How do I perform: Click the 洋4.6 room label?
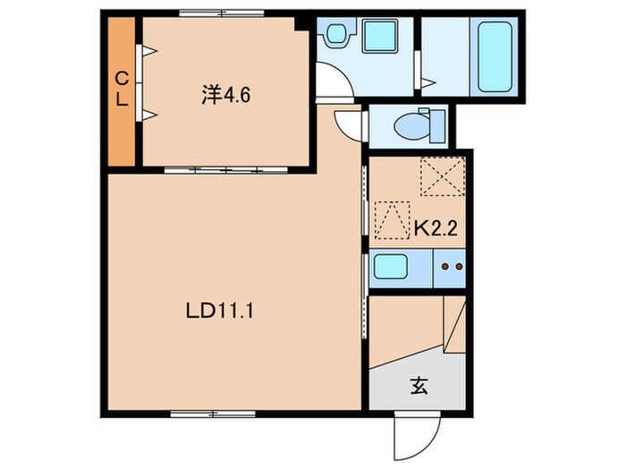click(x=225, y=95)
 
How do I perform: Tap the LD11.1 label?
click(x=220, y=312)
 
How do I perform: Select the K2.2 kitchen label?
click(x=436, y=228)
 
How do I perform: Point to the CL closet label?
click(x=122, y=89)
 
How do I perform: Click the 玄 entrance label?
click(x=419, y=386)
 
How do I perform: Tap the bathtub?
click(x=495, y=56)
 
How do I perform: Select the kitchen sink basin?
click(x=391, y=267)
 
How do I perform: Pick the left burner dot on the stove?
click(x=444, y=266)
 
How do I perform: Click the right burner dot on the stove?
click(x=459, y=266)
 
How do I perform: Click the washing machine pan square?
click(x=380, y=37)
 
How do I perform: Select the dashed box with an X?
click(x=443, y=176)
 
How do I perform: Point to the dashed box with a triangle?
click(x=392, y=220)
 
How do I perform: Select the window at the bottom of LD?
click(x=213, y=414)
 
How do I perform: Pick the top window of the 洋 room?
click(x=221, y=13)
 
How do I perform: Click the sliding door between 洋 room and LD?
click(x=226, y=170)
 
